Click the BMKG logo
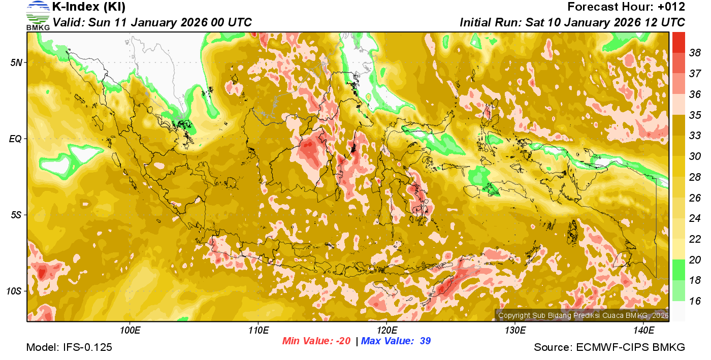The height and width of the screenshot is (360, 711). coord(38,16)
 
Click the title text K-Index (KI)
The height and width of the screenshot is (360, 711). coord(89,7)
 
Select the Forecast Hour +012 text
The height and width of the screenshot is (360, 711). coord(626,7)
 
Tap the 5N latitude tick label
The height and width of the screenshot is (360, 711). coord(16,62)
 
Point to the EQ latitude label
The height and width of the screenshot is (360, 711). coord(16,139)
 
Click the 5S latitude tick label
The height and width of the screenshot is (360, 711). coord(16,215)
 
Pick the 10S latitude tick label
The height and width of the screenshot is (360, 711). coord(14,291)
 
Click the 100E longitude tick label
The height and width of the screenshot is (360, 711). coord(130,331)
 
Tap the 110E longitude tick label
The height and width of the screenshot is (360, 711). coord(258,331)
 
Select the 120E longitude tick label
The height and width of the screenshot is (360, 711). coord(386,331)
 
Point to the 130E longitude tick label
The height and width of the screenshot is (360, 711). coord(515,331)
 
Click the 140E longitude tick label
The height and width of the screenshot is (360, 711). coord(643,331)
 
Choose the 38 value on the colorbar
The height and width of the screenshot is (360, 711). coord(695,53)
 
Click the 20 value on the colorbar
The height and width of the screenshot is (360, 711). coord(695,260)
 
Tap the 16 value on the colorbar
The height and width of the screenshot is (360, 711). coord(695,301)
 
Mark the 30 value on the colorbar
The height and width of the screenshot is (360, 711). coord(695,156)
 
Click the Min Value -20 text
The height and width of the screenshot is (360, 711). coord(316,341)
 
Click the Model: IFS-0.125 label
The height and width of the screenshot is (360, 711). coord(69,348)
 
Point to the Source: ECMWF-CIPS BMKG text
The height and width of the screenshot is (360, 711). coord(609,348)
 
